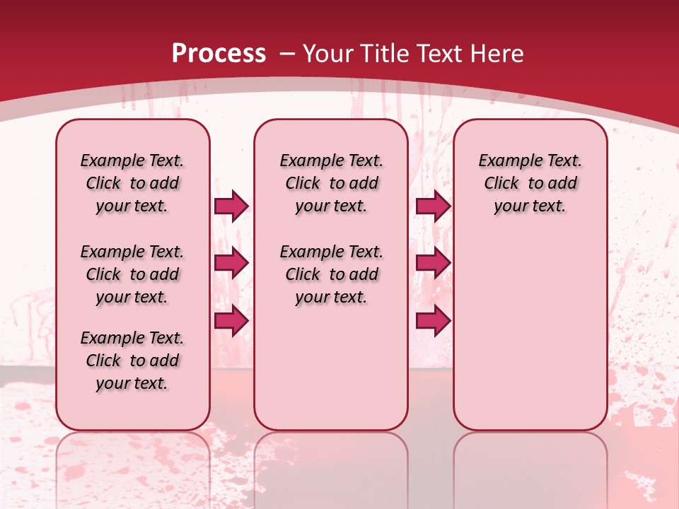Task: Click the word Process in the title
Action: click(x=219, y=54)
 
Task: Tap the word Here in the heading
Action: click(x=497, y=54)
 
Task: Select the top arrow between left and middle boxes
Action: click(x=231, y=206)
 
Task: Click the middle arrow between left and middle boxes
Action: click(x=231, y=264)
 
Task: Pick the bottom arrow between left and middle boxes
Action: click(x=231, y=320)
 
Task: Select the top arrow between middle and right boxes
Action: click(x=433, y=206)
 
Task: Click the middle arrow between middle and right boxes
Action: click(x=433, y=264)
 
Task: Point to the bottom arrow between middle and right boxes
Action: click(x=433, y=320)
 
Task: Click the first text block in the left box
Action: click(x=132, y=183)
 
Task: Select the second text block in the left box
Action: click(x=132, y=274)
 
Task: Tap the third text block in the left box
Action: click(x=132, y=361)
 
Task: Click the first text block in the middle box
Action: click(x=331, y=183)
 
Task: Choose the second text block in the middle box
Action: click(x=331, y=274)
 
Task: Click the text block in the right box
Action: click(x=530, y=183)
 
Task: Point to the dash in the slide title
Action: click(x=287, y=54)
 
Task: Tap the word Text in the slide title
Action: click(x=439, y=54)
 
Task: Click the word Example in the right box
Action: click(x=506, y=161)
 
